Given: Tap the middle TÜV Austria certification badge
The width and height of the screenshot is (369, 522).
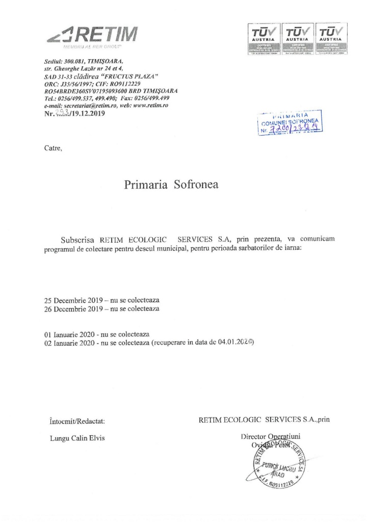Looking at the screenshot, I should (x=296, y=38).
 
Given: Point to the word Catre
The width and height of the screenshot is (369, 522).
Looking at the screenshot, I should (x=53, y=149).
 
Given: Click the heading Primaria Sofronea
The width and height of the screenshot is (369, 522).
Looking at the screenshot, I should (x=171, y=185).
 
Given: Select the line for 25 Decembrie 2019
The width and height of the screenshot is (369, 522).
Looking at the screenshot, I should (x=102, y=301).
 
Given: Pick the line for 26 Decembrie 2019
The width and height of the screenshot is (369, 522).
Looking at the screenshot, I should (x=102, y=309).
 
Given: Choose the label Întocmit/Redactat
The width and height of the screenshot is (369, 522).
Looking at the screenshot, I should (x=77, y=421).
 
